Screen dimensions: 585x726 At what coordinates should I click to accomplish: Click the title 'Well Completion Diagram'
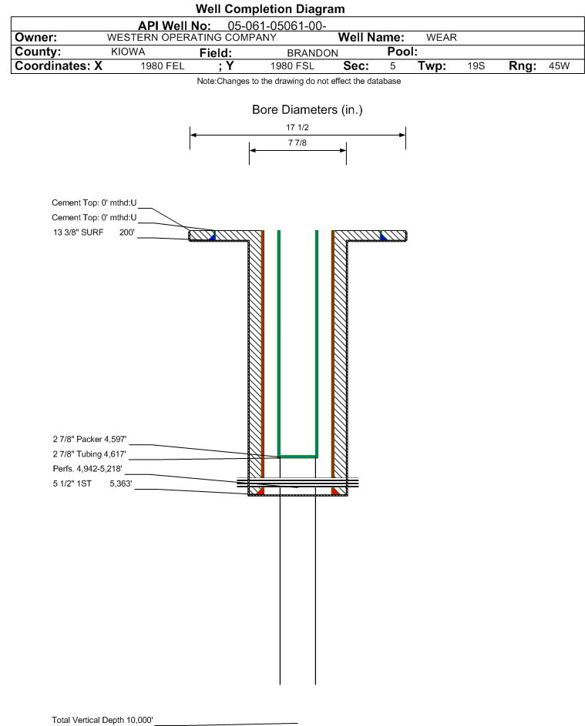tap(271, 8)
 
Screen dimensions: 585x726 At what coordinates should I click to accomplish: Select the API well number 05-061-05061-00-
tap(277, 26)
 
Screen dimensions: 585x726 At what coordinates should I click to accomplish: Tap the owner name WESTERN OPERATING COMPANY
tap(191, 38)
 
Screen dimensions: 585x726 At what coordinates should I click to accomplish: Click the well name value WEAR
tap(442, 38)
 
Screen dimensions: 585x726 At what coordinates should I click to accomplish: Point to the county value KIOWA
tap(128, 52)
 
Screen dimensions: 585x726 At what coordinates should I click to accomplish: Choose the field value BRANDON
tap(312, 53)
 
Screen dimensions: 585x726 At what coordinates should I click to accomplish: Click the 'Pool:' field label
tap(402, 52)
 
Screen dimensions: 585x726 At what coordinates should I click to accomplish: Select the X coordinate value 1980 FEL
tap(162, 66)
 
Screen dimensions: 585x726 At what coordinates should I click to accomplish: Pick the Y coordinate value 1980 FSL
tap(292, 66)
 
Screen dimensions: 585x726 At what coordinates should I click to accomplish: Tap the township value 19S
tap(476, 66)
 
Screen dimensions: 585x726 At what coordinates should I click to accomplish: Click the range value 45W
tap(559, 66)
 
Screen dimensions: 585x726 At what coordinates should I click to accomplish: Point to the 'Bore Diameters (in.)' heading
tap(308, 110)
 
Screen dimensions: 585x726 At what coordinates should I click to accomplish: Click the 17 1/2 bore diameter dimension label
tap(298, 127)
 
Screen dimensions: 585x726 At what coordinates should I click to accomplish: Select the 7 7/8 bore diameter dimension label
tap(298, 142)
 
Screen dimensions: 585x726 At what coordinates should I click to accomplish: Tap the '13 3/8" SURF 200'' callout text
tap(93, 233)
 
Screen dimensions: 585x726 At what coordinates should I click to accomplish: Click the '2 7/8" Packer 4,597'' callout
tap(89, 439)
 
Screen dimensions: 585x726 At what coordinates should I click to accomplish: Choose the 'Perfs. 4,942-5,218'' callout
tap(88, 469)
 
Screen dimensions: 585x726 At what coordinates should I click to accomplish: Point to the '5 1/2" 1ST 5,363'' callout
tap(92, 483)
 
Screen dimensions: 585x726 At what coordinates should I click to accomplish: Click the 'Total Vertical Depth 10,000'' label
tap(103, 720)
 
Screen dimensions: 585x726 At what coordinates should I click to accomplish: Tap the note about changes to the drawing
tap(299, 81)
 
